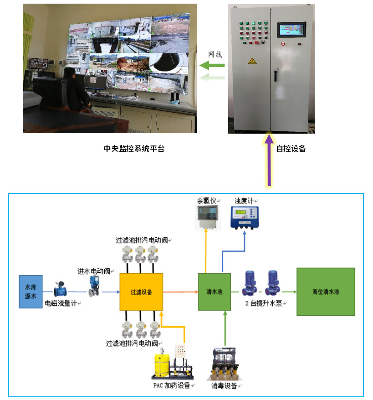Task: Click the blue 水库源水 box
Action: pos(31,291)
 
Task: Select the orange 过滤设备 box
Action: pos(141,292)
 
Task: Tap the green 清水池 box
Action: pos(214,292)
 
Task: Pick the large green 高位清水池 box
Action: pos(326,291)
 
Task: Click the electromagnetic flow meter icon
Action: pos(61,289)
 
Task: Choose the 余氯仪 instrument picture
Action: pos(208,217)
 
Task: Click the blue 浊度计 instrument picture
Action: pos(245,218)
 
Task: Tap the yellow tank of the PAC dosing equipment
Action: pos(162,364)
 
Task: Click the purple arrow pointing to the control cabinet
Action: pos(269,160)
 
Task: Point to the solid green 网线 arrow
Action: pos(212,65)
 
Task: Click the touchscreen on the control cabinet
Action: pos(291,30)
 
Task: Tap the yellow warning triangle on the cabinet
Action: pos(252,61)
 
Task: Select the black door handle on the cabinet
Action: pos(276,75)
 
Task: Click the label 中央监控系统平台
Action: pos(134,149)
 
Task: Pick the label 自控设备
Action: pos(291,149)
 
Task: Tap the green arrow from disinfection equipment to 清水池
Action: pos(225,328)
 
